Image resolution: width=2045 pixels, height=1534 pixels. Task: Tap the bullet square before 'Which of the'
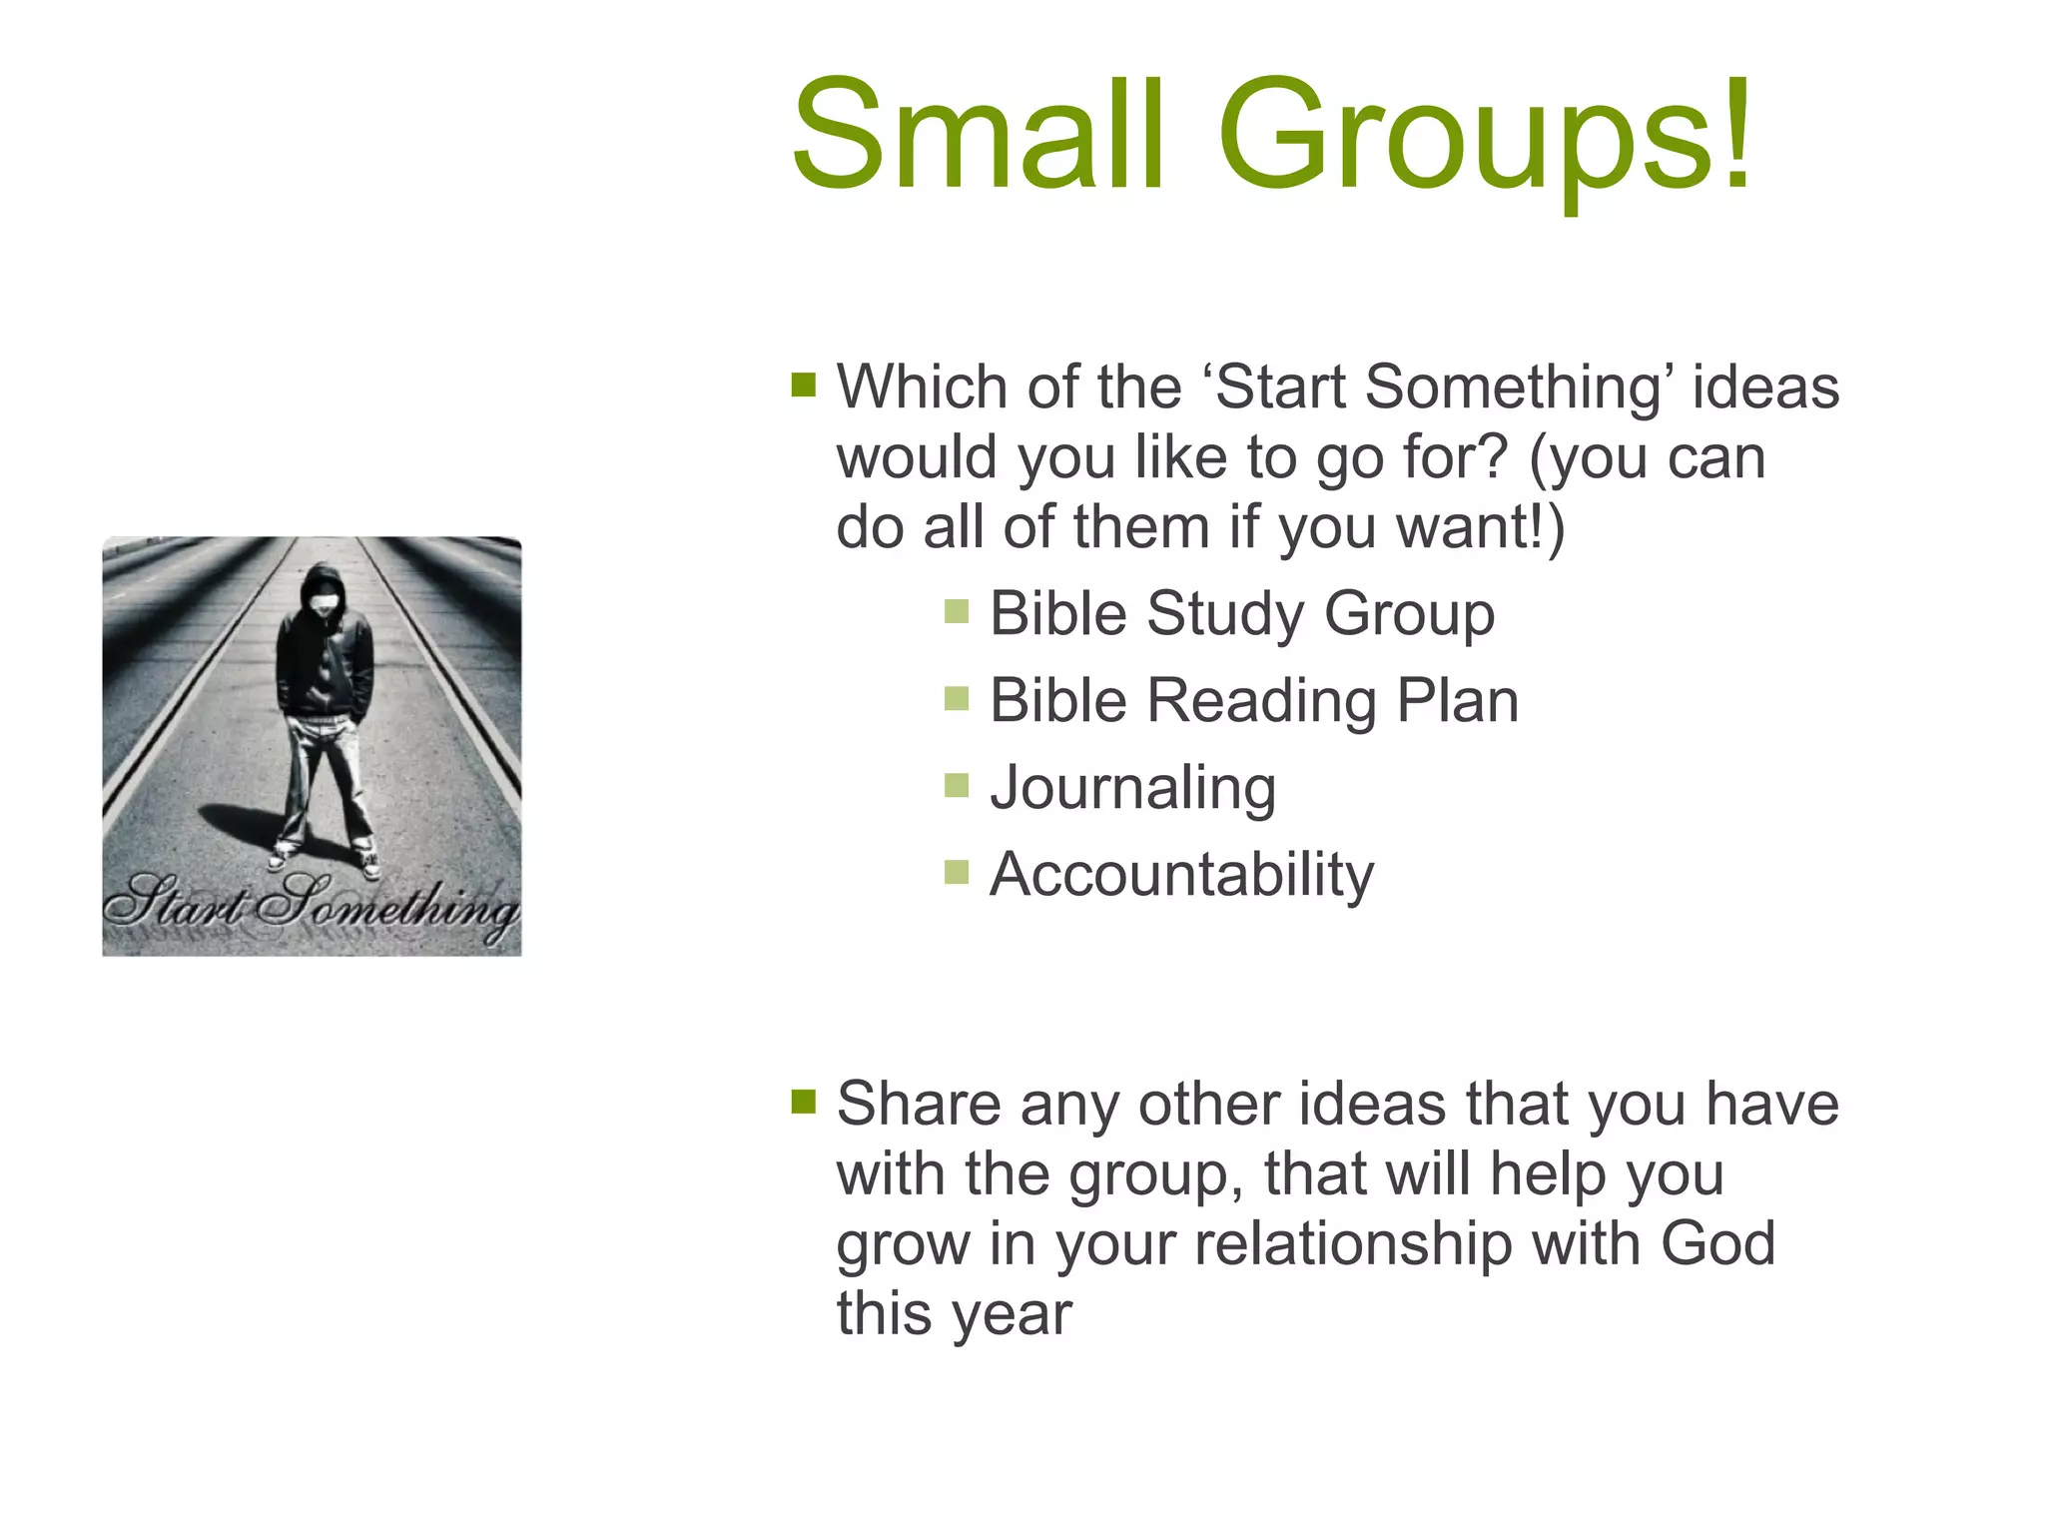point(803,384)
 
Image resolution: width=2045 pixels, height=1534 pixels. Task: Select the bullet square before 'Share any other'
point(803,1101)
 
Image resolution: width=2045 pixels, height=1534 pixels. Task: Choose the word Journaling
point(1132,787)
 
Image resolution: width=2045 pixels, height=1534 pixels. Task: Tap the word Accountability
point(1181,874)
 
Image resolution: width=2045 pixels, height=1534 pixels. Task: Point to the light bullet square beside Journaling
point(957,786)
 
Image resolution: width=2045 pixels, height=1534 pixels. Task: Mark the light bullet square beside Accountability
point(957,873)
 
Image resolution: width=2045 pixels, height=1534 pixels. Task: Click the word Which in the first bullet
point(922,386)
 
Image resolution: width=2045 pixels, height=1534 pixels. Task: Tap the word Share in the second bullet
point(919,1104)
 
